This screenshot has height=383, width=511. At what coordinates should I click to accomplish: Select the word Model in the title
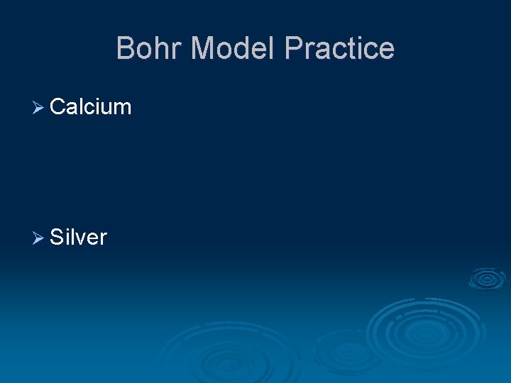(x=233, y=48)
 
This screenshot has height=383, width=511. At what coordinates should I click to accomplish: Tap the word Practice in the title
(x=339, y=48)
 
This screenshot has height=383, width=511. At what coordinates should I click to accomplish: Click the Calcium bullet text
(x=91, y=107)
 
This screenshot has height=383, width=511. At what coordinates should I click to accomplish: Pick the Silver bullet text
(x=78, y=237)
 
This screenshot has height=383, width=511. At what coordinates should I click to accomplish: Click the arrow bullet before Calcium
(x=38, y=108)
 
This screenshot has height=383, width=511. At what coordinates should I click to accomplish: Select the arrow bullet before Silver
(x=38, y=238)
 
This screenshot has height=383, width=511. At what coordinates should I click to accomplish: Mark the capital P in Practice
(x=294, y=48)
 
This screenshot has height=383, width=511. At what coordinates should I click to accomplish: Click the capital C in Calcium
(x=58, y=107)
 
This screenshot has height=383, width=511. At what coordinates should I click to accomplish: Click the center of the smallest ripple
(x=487, y=279)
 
